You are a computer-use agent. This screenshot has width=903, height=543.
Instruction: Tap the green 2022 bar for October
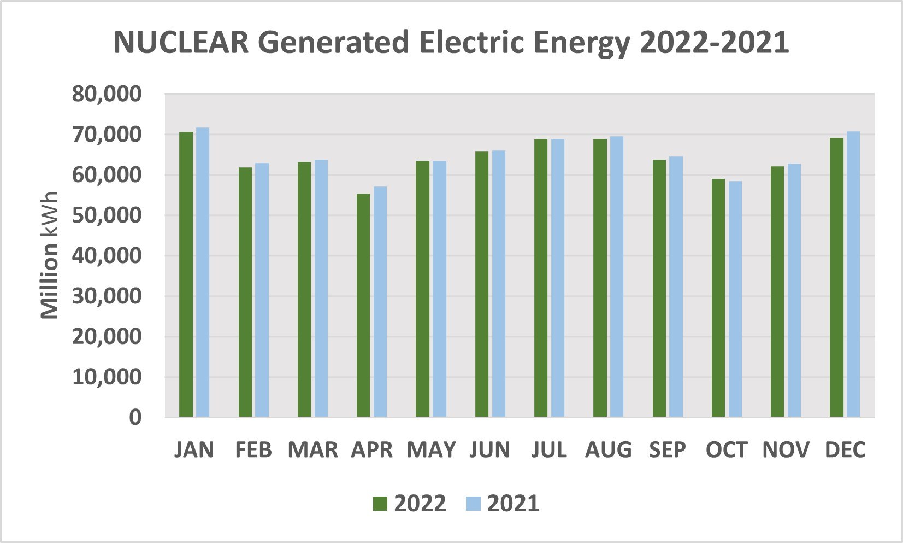(x=718, y=298)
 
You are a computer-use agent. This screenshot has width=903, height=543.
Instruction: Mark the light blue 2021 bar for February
(x=262, y=290)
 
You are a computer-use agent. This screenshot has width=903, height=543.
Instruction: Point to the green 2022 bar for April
(x=363, y=305)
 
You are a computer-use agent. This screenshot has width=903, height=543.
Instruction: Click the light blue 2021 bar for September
(x=676, y=287)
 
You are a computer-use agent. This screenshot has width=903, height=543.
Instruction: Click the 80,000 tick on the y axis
(x=107, y=94)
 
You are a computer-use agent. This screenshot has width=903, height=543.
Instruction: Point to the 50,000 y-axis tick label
(x=107, y=215)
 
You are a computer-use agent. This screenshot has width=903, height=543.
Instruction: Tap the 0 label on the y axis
(x=135, y=418)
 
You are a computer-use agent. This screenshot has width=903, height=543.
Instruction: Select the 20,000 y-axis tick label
(x=107, y=337)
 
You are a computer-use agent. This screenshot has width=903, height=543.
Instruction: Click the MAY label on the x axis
(x=431, y=450)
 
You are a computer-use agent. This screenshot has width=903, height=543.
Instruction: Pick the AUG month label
(x=608, y=450)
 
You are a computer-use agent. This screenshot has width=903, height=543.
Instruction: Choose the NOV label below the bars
(x=786, y=450)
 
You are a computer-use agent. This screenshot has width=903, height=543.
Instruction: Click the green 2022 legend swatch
(x=380, y=504)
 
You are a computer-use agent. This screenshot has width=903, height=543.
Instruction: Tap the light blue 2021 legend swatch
(x=473, y=504)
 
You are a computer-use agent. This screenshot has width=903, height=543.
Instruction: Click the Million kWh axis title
(x=50, y=255)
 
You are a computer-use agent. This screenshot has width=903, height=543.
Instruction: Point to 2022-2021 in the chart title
(x=714, y=43)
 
